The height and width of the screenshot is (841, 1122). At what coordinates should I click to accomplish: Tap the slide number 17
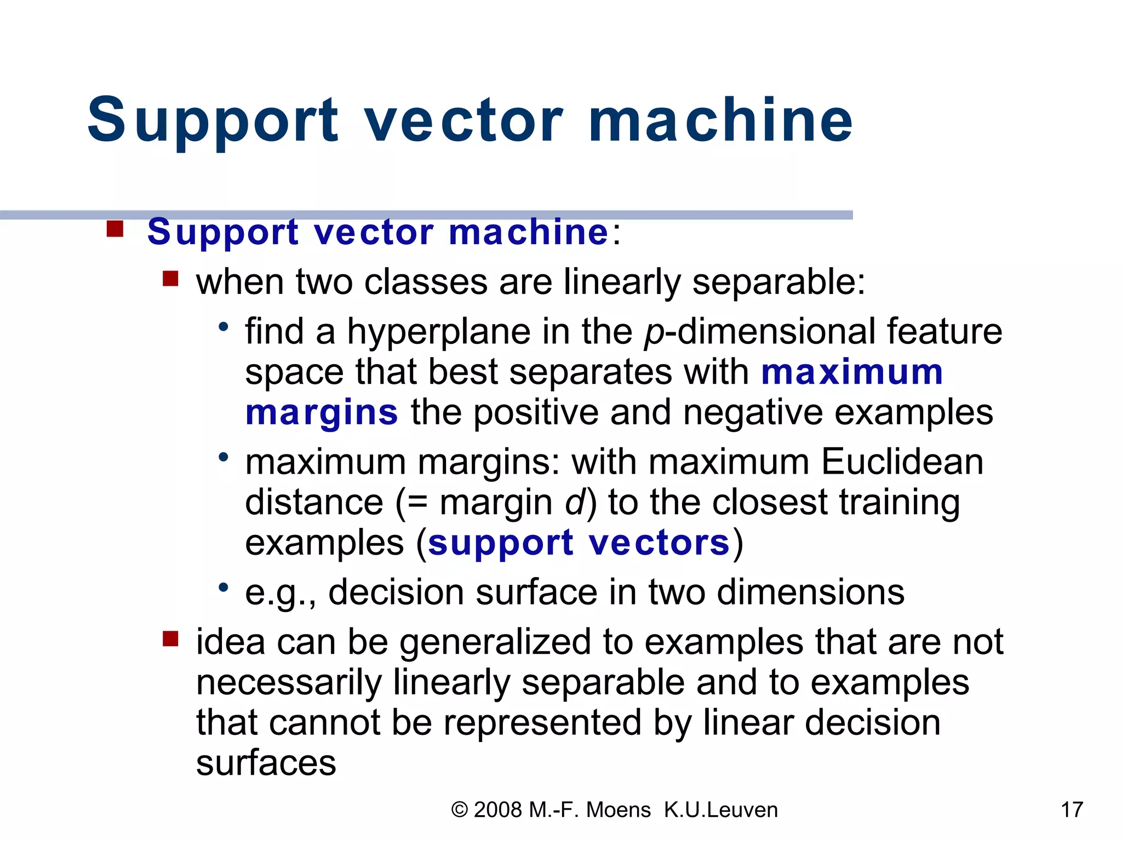click(x=1072, y=810)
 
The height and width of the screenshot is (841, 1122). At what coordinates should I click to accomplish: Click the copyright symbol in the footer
click(x=459, y=810)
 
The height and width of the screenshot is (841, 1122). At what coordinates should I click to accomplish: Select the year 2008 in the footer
click(x=497, y=810)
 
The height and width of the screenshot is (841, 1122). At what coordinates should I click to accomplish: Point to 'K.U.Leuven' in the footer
click(x=720, y=810)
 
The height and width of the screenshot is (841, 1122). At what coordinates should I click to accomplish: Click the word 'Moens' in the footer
click(x=618, y=810)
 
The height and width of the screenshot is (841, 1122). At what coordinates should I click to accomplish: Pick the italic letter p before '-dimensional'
click(x=654, y=334)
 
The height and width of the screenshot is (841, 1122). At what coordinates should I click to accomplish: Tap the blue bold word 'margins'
click(x=321, y=413)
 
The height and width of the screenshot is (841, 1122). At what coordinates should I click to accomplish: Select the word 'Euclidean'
click(x=902, y=462)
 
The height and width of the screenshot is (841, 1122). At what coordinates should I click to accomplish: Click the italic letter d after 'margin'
click(x=575, y=502)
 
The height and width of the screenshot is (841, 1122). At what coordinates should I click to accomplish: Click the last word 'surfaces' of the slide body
click(x=266, y=763)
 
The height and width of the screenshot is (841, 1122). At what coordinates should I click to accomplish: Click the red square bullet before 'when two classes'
click(x=170, y=279)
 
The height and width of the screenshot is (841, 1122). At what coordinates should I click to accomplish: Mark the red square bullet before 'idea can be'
click(x=170, y=638)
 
